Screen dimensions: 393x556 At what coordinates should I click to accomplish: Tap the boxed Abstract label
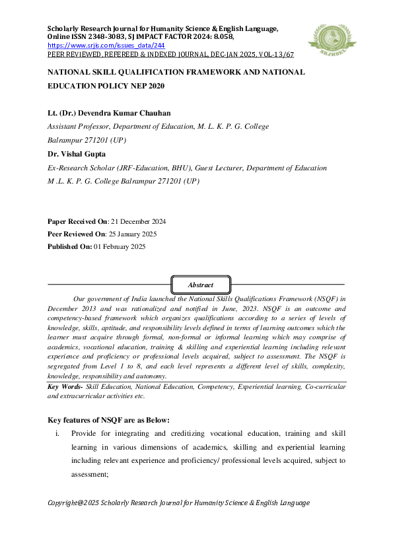[x=201, y=285]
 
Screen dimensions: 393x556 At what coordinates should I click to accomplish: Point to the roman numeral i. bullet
[x=58, y=434]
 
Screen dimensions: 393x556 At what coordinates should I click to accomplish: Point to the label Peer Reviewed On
[x=76, y=234]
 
